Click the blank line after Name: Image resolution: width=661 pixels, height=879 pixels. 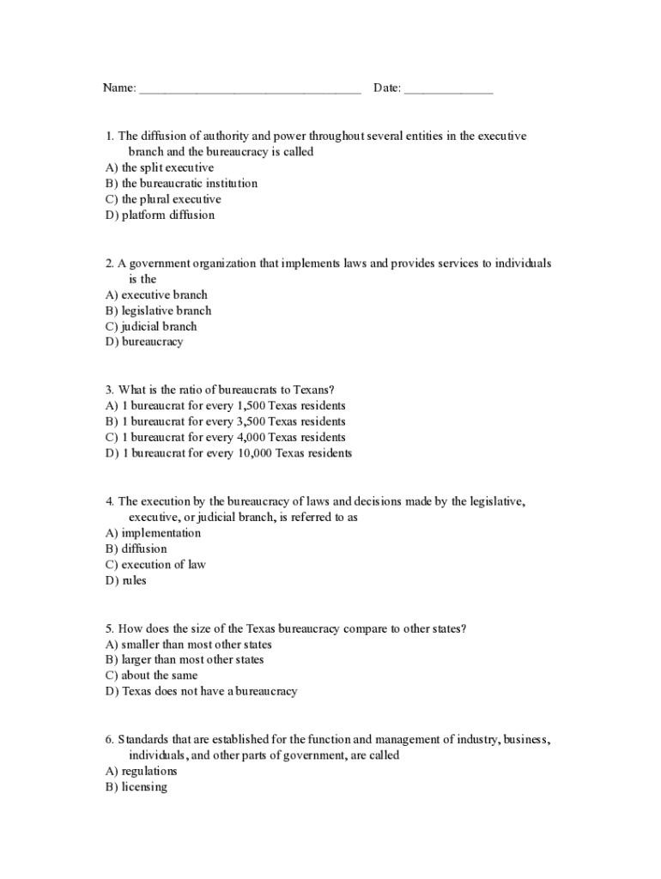pyautogui.click(x=249, y=89)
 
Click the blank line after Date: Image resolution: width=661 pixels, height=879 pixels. pyautogui.click(x=448, y=89)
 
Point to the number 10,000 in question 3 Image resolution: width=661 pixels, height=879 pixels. pyautogui.click(x=252, y=453)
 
